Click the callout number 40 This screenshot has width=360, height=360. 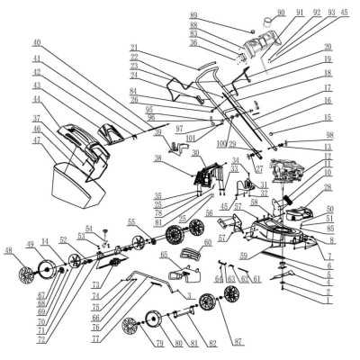(x=37, y=42)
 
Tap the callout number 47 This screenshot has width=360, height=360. (x=37, y=141)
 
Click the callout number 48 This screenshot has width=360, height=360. (x=8, y=250)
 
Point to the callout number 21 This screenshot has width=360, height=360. (x=133, y=49)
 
